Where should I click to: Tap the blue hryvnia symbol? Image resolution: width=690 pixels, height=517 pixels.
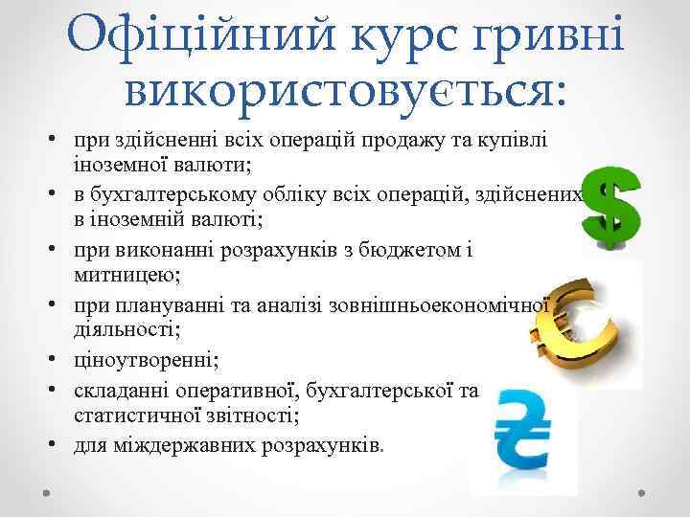[522, 431]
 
